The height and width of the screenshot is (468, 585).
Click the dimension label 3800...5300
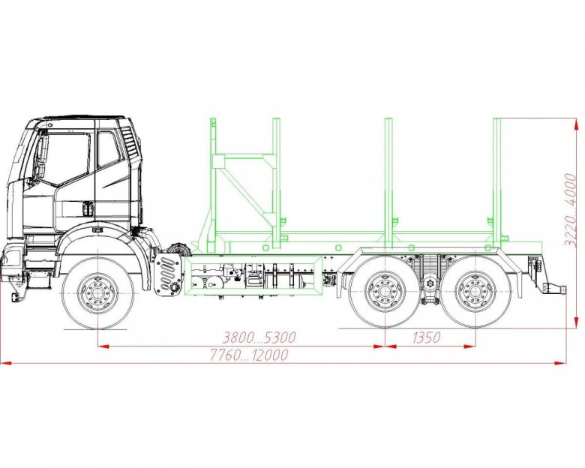pyautogui.click(x=259, y=337)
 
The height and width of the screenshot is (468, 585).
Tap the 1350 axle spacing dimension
pyautogui.click(x=427, y=337)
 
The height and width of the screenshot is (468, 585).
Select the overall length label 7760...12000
pyautogui.click(x=249, y=355)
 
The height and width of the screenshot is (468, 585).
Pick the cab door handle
pyautogui.click(x=88, y=208)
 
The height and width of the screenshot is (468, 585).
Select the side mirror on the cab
pyautogui.click(x=42, y=156)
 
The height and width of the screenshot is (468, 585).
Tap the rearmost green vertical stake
pyautogui.click(x=497, y=183)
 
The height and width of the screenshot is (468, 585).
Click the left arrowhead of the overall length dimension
pyautogui.click(x=5, y=363)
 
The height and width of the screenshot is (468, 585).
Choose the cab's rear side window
pyautogui.click(x=108, y=149)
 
